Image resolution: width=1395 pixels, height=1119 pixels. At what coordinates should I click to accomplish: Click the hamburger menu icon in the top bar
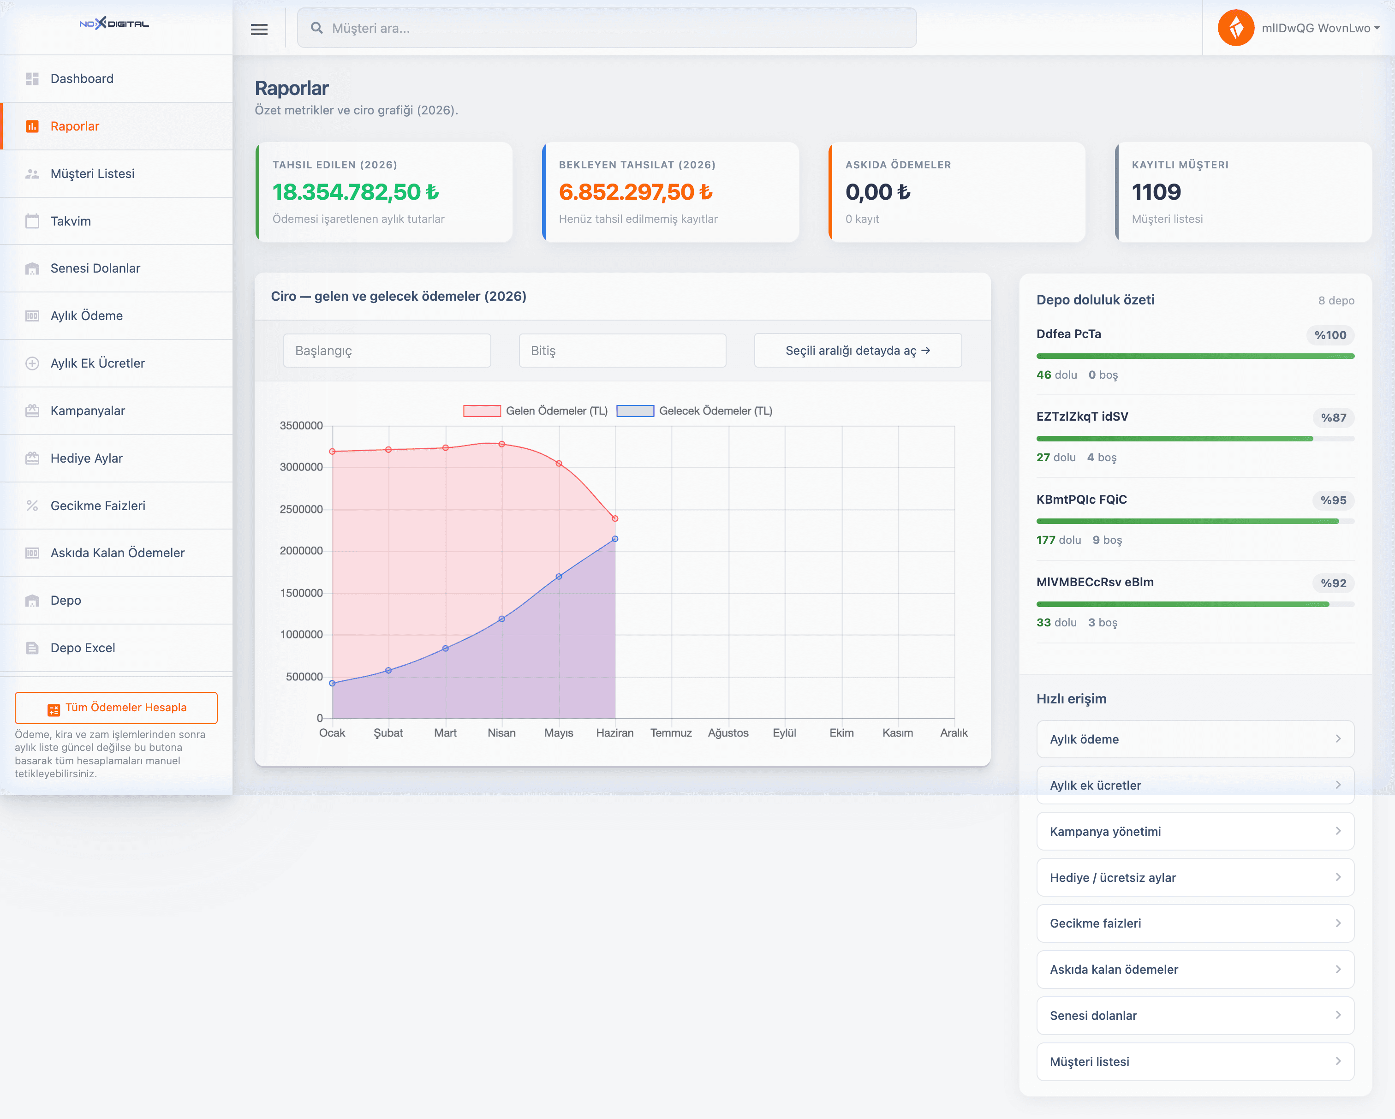(259, 29)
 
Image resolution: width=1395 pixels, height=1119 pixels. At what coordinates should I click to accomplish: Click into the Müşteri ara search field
(607, 28)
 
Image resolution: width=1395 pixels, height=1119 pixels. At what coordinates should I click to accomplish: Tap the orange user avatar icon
(1236, 28)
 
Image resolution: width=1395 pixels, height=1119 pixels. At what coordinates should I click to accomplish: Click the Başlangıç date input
(387, 351)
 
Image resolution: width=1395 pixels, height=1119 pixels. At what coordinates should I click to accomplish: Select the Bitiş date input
(622, 351)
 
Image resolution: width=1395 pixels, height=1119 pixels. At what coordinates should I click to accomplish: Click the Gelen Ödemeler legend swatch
(482, 411)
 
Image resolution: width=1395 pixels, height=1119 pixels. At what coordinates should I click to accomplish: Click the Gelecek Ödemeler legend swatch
(635, 411)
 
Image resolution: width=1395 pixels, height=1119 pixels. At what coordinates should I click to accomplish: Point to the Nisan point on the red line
(501, 444)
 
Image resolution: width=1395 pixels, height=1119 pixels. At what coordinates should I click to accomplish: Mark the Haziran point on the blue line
(614, 539)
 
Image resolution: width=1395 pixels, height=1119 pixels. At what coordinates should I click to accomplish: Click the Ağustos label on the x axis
(728, 733)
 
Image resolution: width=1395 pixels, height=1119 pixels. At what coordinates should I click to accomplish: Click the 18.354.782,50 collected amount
(356, 192)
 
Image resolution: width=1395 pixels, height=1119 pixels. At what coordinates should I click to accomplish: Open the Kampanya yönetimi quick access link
(1195, 831)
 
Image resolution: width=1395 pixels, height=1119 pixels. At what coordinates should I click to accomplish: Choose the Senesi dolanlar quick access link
(1195, 1016)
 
